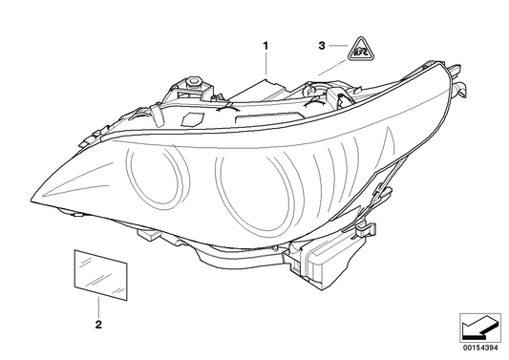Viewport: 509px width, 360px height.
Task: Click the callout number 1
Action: (x=266, y=45)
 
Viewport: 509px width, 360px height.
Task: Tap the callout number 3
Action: (x=323, y=45)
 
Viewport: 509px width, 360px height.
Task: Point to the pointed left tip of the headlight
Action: (x=32, y=199)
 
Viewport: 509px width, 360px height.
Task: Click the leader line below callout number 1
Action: (x=267, y=65)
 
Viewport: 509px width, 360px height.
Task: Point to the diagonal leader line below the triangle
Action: (x=331, y=67)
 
